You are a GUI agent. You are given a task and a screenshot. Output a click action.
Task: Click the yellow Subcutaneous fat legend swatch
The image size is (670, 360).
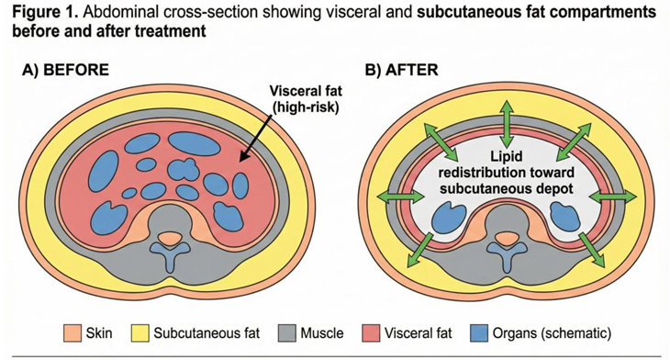[140, 333]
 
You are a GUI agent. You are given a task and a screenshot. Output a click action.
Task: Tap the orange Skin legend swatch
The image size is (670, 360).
[73, 333]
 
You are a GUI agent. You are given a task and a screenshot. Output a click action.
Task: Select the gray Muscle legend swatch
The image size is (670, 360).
[286, 333]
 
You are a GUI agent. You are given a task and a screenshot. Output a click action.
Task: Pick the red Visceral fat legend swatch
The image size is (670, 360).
[371, 333]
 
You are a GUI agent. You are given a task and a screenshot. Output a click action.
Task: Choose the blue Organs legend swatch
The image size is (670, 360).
[478, 333]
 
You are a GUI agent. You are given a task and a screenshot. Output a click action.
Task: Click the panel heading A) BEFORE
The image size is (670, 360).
[65, 70]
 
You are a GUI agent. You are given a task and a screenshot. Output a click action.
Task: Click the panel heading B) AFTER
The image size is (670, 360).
[401, 70]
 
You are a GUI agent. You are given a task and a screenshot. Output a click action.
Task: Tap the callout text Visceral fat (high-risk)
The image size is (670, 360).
[306, 99]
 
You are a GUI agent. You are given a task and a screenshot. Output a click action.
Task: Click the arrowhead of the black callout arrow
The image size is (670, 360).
[242, 158]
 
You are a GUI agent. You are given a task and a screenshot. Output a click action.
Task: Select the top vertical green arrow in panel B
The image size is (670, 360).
[507, 124]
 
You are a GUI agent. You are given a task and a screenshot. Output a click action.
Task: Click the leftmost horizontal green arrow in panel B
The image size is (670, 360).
[401, 197]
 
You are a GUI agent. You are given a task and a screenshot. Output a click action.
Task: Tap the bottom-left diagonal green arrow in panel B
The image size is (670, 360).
[420, 250]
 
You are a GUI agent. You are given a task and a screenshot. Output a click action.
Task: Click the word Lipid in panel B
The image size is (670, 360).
[507, 156]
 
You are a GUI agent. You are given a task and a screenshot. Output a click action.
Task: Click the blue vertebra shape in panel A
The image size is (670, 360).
[170, 254]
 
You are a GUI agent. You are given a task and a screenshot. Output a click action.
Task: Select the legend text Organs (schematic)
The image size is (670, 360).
[553, 333]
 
